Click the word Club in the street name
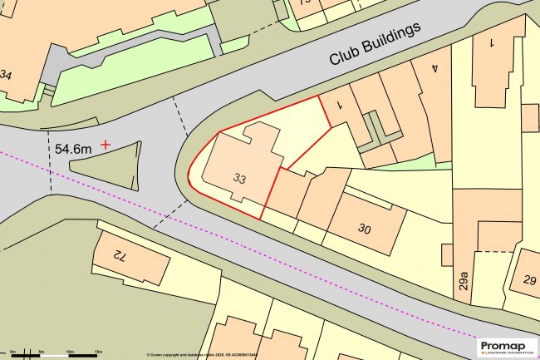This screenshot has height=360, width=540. (x=344, y=55)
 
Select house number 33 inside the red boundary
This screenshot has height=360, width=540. (x=240, y=178)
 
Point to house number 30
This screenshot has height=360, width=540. (x=364, y=229)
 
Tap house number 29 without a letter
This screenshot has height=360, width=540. (x=528, y=281)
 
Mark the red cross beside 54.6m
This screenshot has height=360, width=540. (x=106, y=145)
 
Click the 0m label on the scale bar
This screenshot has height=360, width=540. (x=13, y=353)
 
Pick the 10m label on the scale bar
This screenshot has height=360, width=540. (x=70, y=353)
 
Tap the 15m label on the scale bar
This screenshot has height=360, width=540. (x=98, y=353)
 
